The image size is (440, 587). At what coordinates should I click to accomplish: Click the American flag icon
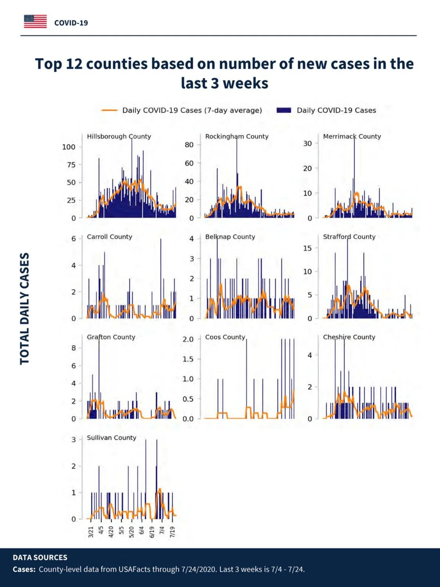point(35,22)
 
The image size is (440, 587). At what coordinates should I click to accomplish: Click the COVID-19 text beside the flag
point(71,23)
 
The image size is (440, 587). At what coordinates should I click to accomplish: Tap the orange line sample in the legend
point(109,110)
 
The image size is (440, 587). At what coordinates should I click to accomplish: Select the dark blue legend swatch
point(284,110)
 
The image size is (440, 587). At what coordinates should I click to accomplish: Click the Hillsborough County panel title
point(119,137)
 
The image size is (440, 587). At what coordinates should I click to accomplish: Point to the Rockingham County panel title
point(237,137)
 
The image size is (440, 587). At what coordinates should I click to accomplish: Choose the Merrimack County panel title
point(352,137)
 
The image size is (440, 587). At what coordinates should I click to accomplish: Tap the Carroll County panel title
point(110,237)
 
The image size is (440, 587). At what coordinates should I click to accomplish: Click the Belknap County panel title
point(230,237)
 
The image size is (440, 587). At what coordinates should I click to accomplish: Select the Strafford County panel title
point(349,237)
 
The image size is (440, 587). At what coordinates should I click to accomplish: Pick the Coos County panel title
point(225,337)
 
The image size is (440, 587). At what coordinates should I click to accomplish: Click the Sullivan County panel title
point(111,438)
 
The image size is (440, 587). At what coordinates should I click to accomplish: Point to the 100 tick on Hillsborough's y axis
point(69,147)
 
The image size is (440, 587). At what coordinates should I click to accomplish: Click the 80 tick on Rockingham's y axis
point(189,145)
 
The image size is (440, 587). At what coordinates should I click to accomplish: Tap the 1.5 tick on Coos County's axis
point(188,359)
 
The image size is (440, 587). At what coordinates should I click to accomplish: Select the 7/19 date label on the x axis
point(172,531)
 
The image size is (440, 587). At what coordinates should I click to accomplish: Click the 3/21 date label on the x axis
point(91,531)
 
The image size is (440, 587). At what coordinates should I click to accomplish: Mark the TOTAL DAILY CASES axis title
point(25,309)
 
